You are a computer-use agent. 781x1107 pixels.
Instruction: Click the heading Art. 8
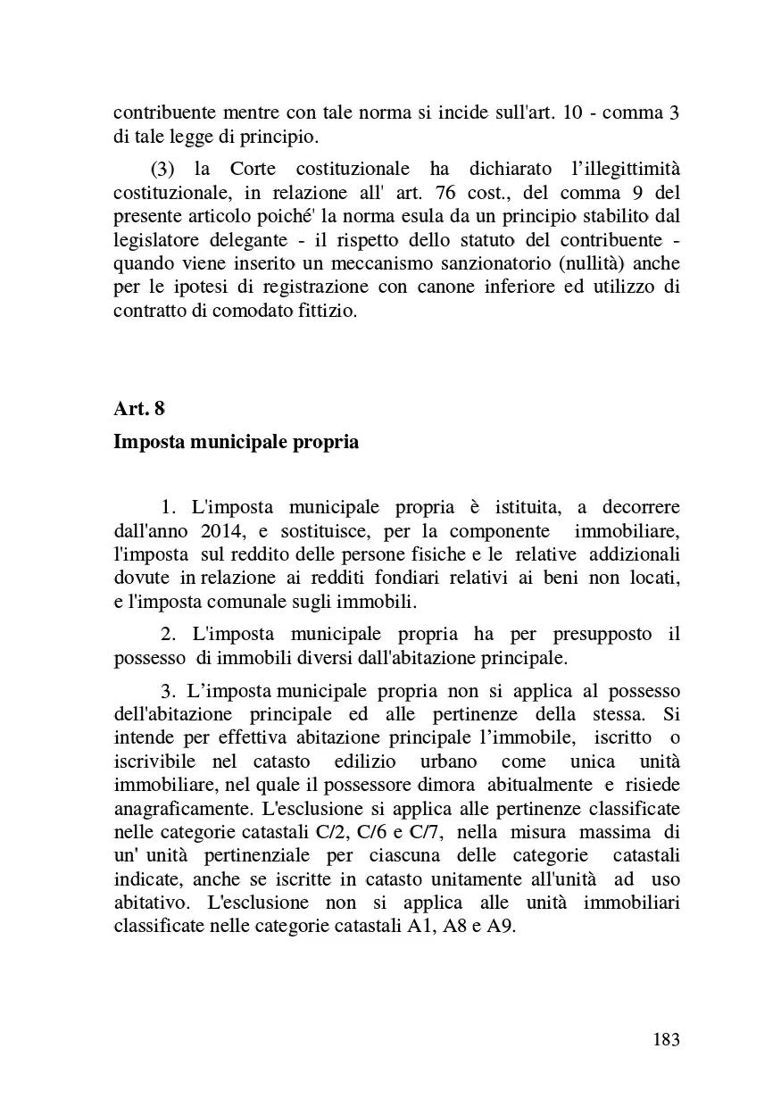(139, 408)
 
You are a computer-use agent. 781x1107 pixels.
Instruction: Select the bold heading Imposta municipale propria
(236, 442)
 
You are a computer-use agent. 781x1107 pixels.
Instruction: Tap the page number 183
(666, 1039)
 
